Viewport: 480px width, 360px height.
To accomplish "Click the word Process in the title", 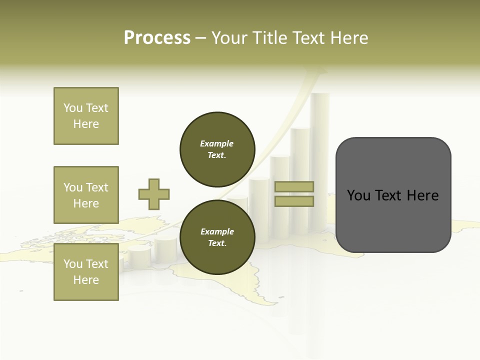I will pyautogui.click(x=157, y=38).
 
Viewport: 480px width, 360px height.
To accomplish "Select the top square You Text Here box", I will pyautogui.click(x=86, y=116).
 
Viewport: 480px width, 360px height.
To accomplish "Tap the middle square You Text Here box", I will pyautogui.click(x=86, y=195).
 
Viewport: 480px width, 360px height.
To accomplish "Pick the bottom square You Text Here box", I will pyautogui.click(x=86, y=272).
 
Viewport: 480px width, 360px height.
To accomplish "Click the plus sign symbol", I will pyautogui.click(x=154, y=194).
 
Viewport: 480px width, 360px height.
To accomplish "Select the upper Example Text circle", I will pyautogui.click(x=217, y=149).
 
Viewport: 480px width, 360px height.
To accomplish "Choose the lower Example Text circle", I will pyautogui.click(x=217, y=237).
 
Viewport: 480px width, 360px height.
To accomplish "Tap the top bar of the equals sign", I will pyautogui.click(x=294, y=187).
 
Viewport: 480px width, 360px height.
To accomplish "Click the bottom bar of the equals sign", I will pyautogui.click(x=294, y=201).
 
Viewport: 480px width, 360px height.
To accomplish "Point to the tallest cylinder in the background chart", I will pyautogui.click(x=319, y=160).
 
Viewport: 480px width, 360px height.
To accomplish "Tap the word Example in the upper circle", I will pyautogui.click(x=217, y=143).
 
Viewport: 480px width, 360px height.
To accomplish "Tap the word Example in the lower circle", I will pyautogui.click(x=217, y=231).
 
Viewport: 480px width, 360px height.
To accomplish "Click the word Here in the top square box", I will pyautogui.click(x=86, y=124).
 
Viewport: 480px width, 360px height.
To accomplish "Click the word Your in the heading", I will pyautogui.click(x=229, y=38).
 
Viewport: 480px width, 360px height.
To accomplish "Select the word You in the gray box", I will pyautogui.click(x=358, y=195).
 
